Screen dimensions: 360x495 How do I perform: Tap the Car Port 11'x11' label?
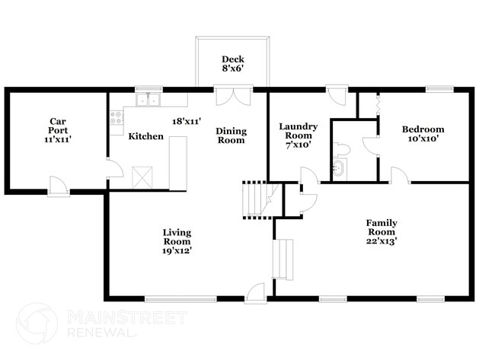click(56, 131)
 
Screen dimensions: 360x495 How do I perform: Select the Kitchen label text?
click(145, 136)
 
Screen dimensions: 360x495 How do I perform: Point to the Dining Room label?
click(231, 135)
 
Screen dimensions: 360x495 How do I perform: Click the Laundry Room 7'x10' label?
click(297, 135)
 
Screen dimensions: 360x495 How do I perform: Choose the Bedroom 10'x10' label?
click(423, 134)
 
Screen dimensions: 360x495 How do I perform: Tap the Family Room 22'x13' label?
click(382, 231)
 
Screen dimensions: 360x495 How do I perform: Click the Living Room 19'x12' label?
click(176, 241)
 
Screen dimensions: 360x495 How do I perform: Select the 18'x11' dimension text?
click(187, 120)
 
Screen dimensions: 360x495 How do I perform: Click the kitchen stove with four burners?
click(117, 118)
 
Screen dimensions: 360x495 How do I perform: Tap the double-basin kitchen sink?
click(148, 100)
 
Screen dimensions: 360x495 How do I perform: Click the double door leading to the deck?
click(232, 98)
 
